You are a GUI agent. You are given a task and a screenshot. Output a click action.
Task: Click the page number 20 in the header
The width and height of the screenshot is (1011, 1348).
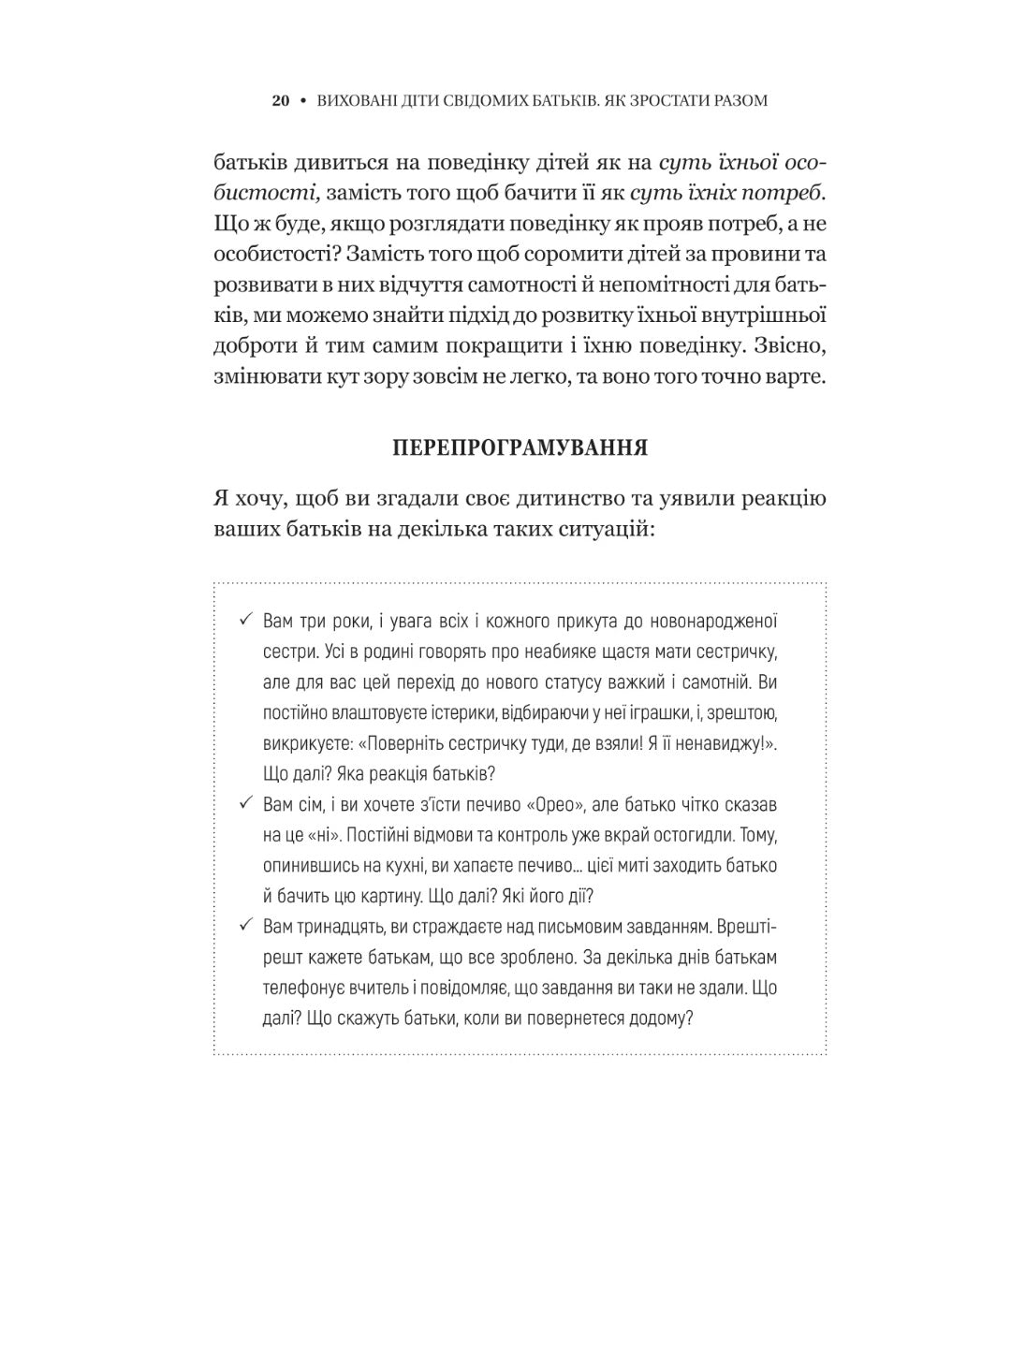pyautogui.click(x=281, y=100)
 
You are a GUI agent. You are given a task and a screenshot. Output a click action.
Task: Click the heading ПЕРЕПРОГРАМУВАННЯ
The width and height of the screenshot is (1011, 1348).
pyautogui.click(x=520, y=447)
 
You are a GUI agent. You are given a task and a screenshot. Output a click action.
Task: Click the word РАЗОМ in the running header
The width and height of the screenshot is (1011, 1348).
pyautogui.click(x=738, y=100)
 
